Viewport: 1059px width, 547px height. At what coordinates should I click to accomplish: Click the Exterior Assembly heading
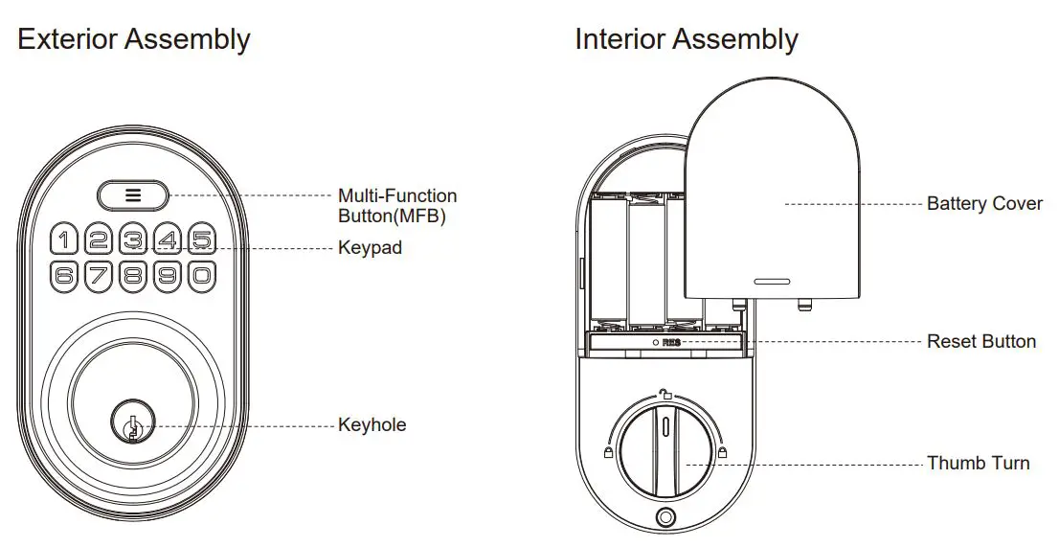[134, 39]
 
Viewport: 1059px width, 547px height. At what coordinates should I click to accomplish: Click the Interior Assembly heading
[686, 39]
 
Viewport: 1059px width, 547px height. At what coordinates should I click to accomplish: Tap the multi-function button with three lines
[133, 194]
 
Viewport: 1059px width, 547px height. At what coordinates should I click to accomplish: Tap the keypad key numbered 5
[200, 238]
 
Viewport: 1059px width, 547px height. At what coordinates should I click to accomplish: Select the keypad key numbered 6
[63, 276]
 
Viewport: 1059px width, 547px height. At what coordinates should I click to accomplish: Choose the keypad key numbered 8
[132, 276]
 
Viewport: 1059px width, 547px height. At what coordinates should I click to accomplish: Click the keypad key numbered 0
[200, 276]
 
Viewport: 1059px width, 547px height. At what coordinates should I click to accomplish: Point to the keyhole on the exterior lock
[132, 425]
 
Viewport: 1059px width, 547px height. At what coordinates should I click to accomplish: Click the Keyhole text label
[372, 424]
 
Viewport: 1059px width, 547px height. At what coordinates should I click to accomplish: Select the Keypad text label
[370, 247]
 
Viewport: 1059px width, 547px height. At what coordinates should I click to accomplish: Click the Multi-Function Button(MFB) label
[397, 206]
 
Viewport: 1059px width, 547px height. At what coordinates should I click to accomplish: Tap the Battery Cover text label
[984, 204]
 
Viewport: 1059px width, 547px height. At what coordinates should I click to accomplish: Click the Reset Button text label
[980, 341]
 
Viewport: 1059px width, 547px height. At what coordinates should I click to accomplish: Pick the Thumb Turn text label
[978, 464]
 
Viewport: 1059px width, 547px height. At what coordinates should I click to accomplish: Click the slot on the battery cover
[771, 283]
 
